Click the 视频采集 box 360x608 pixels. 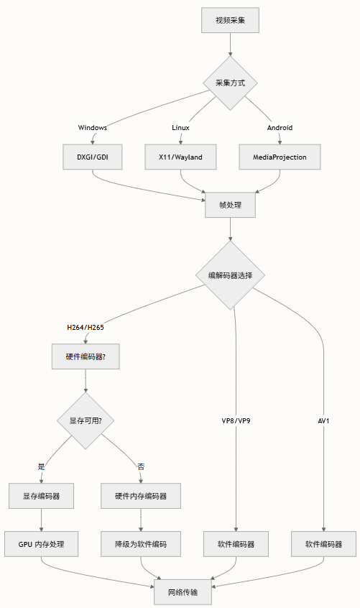pos(230,20)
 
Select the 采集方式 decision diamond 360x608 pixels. pos(230,83)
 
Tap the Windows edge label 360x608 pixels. pos(93,128)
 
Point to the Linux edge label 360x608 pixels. pos(180,128)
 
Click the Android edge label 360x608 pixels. pos(280,128)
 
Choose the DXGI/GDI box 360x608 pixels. pos(93,157)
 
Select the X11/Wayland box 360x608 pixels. pos(180,157)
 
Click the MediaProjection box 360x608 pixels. pos(280,157)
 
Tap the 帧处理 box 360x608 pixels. pos(230,205)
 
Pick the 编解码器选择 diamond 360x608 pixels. pos(230,275)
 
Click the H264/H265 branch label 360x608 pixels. pos(86,328)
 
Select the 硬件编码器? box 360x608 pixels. pos(86,356)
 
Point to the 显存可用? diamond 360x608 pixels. pos(86,420)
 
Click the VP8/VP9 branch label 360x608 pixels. pos(236,420)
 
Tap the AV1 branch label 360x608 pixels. pos(323,420)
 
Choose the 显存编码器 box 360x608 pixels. pos(42,496)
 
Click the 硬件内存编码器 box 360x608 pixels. pos(141,496)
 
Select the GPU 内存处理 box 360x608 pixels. pos(42,544)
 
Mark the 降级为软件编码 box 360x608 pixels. pos(141,544)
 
